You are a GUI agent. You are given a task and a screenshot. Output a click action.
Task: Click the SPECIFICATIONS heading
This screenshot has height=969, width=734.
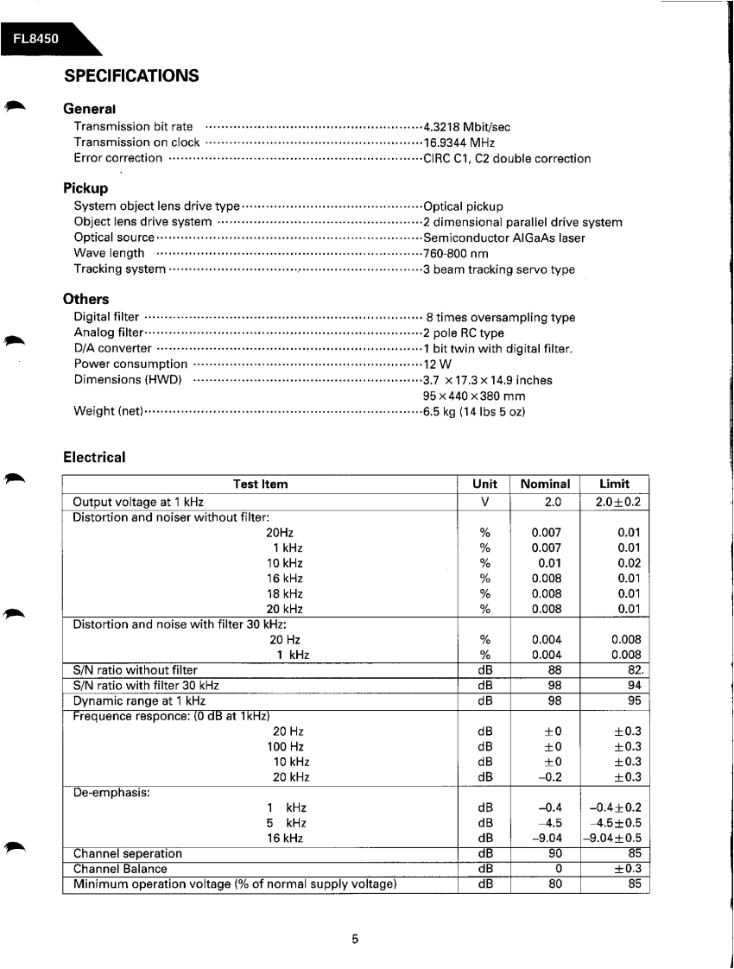(131, 76)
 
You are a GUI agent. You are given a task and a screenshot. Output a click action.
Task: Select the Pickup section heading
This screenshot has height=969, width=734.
(85, 188)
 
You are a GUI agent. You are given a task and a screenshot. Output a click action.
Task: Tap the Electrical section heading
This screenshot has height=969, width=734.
(94, 457)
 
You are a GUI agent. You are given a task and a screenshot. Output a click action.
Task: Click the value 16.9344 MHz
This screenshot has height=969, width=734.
(459, 142)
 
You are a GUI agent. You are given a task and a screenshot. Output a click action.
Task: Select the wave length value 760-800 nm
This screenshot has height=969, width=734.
(455, 254)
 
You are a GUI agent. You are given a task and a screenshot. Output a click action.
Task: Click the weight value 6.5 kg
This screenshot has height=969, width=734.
(474, 411)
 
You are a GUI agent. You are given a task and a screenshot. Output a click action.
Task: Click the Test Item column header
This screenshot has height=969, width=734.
(260, 484)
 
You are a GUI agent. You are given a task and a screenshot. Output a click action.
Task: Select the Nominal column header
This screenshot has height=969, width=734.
(545, 484)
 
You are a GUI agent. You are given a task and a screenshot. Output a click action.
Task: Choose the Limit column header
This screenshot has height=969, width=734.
(614, 484)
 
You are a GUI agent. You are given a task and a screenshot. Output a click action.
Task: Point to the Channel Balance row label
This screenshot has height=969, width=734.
(120, 869)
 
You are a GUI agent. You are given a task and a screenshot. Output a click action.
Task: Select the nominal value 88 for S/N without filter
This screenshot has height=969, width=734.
(556, 670)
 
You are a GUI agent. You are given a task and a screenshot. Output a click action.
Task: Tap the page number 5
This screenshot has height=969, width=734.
(355, 940)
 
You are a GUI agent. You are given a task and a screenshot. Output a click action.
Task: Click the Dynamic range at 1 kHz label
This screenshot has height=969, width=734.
(139, 701)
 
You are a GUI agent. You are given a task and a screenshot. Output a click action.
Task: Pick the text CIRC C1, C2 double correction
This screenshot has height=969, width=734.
(507, 159)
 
